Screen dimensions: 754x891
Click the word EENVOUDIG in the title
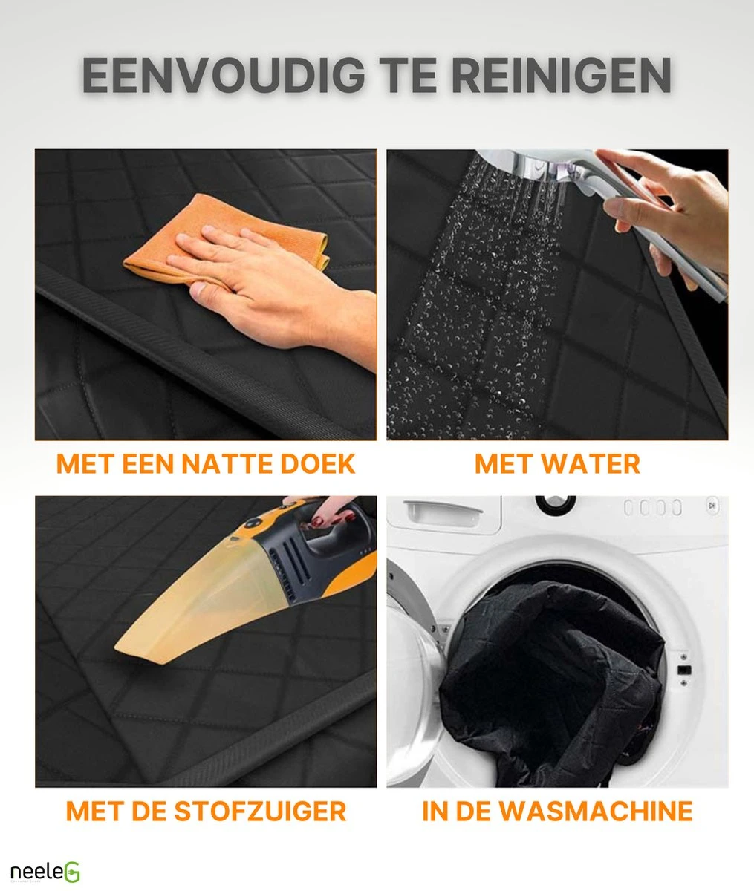(x=224, y=75)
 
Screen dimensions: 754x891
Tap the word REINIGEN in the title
(x=561, y=75)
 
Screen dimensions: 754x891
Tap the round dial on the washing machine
(x=556, y=502)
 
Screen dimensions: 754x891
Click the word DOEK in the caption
(x=317, y=464)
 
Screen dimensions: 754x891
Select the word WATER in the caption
(x=590, y=464)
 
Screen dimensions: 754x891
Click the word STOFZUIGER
(x=260, y=812)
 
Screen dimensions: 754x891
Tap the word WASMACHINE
(x=596, y=812)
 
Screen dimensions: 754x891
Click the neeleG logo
(x=45, y=872)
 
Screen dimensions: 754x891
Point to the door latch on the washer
(x=684, y=670)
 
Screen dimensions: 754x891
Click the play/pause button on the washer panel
(x=712, y=505)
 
